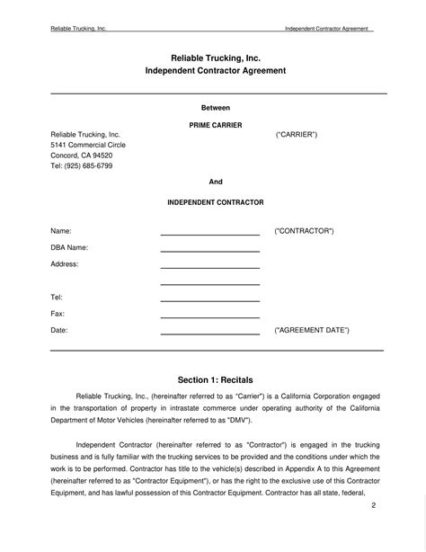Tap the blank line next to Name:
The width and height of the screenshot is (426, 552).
click(x=209, y=234)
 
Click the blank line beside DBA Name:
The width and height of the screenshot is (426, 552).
click(x=209, y=251)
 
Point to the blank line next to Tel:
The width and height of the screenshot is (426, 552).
click(x=209, y=300)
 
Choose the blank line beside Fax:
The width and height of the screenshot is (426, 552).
click(x=209, y=316)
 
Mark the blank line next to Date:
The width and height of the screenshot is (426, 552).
click(x=209, y=334)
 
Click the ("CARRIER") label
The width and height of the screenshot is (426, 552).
click(x=296, y=134)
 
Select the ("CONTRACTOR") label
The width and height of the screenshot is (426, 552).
click(x=304, y=231)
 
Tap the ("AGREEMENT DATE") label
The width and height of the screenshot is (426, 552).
click(x=311, y=330)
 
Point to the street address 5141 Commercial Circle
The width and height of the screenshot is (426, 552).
click(x=87, y=145)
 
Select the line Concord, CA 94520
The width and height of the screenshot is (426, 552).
click(x=81, y=156)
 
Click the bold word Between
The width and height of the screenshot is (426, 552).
click(x=216, y=107)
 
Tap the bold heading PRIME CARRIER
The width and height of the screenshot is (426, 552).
click(x=216, y=125)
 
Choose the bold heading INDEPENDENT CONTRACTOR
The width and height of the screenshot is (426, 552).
click(x=216, y=203)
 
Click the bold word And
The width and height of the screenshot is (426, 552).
click(x=216, y=182)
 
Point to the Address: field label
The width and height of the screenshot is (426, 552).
click(x=65, y=264)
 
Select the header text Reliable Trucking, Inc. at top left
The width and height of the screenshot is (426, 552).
click(x=78, y=29)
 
